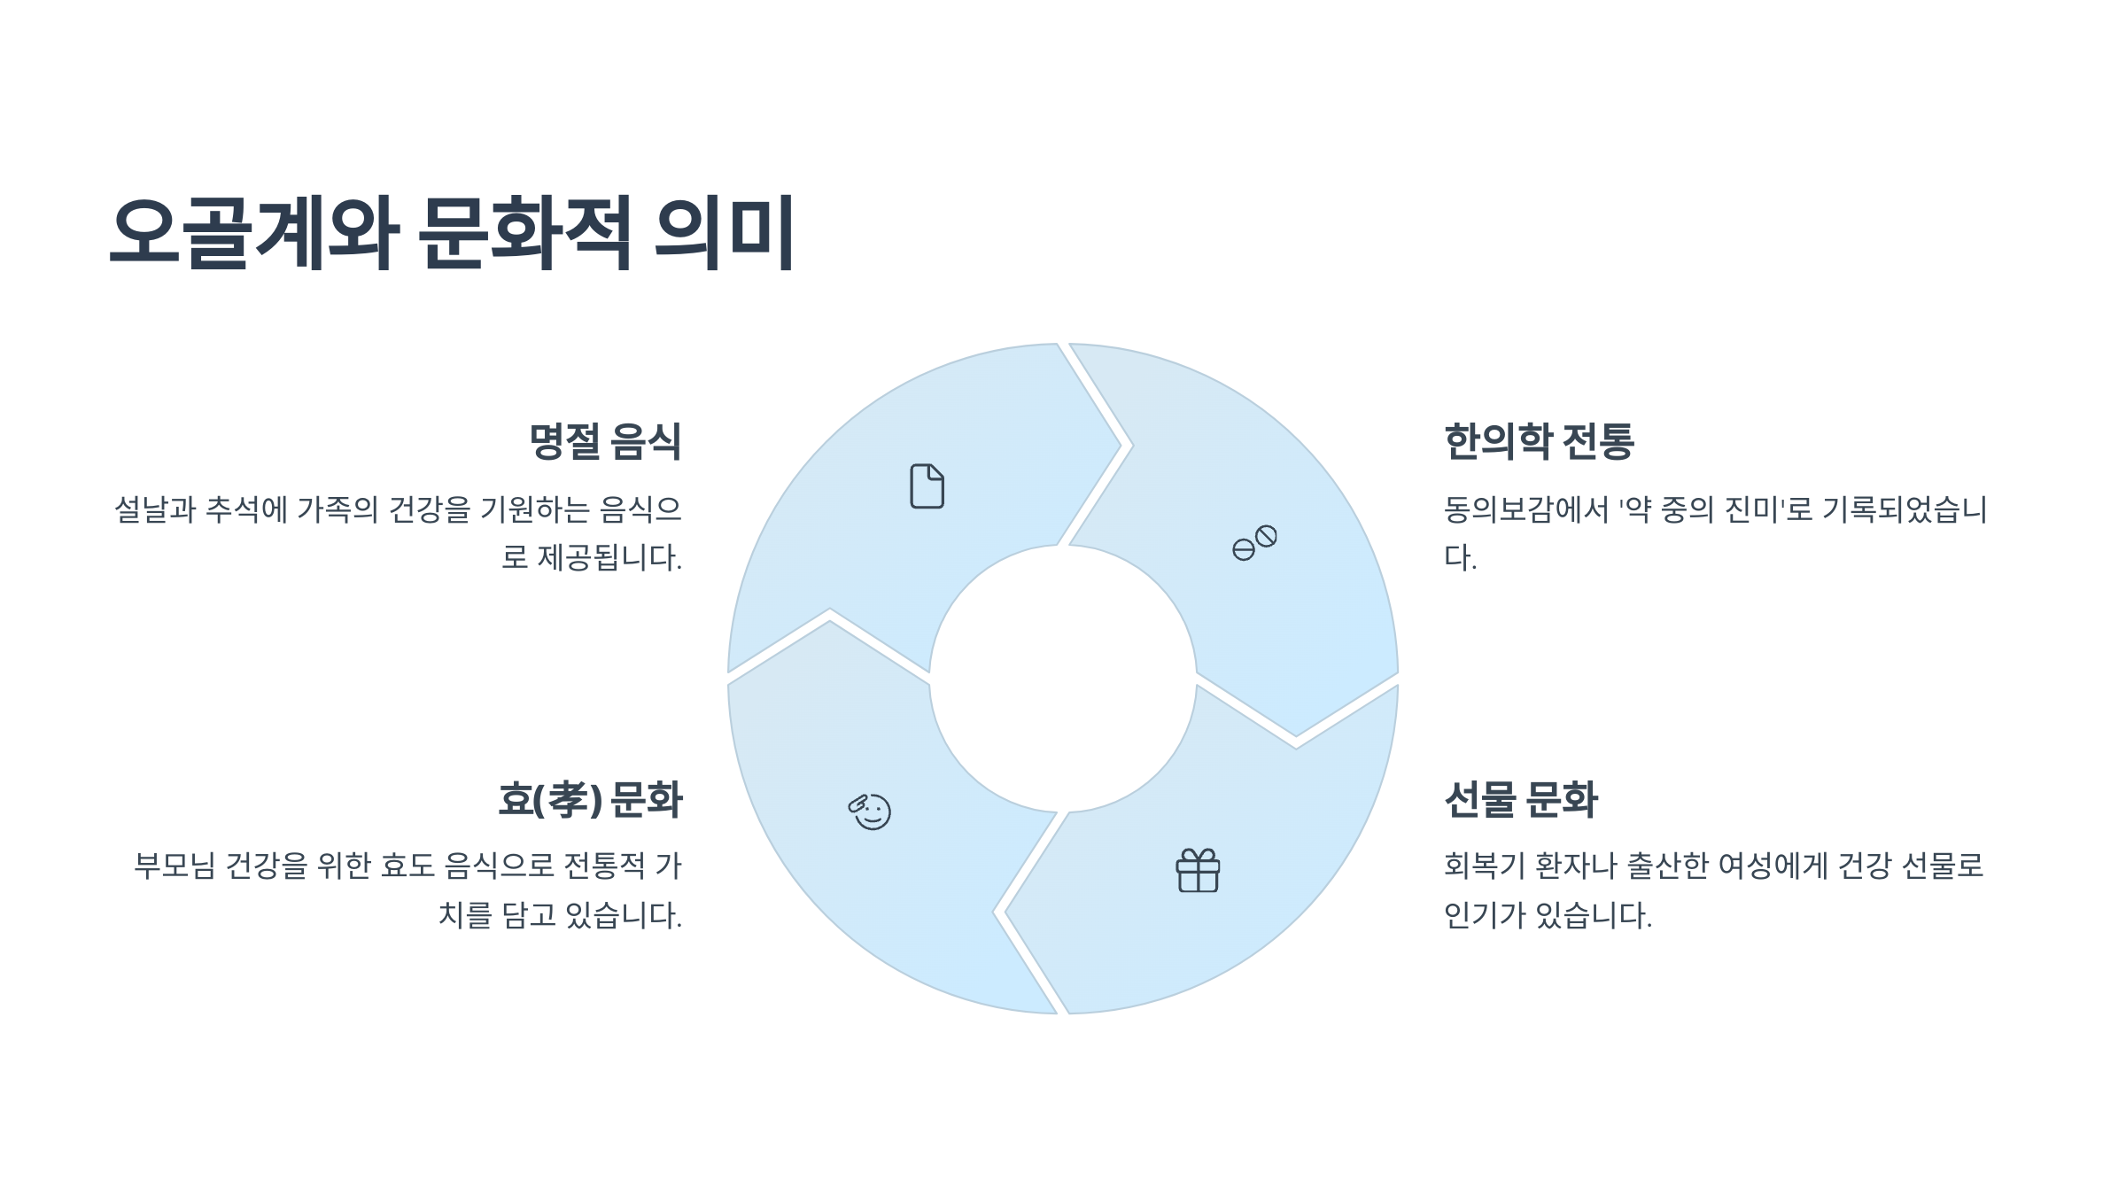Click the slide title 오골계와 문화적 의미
coord(452,232)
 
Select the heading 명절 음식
coord(605,441)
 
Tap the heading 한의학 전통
coord(1539,441)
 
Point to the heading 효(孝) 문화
coord(590,799)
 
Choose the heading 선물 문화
coord(1520,799)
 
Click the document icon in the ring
coord(927,486)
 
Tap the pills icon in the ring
coord(1254,543)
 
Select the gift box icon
coord(1198,871)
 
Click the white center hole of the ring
coord(1063,679)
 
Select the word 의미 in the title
coord(724,232)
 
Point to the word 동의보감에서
coord(1525,509)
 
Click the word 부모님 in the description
coord(175,866)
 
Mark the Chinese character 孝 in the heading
coord(568,799)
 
